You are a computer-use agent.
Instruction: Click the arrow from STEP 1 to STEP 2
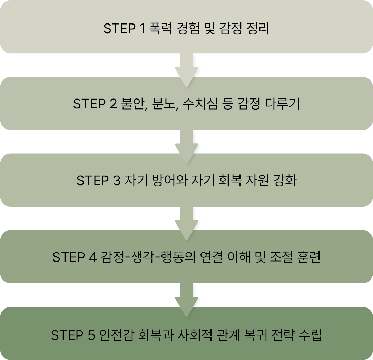(187, 69)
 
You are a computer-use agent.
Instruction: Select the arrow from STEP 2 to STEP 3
(187, 145)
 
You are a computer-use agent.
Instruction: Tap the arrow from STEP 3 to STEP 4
(187, 222)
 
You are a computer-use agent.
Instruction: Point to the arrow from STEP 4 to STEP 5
(187, 299)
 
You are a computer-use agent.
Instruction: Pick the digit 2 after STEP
(112, 104)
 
